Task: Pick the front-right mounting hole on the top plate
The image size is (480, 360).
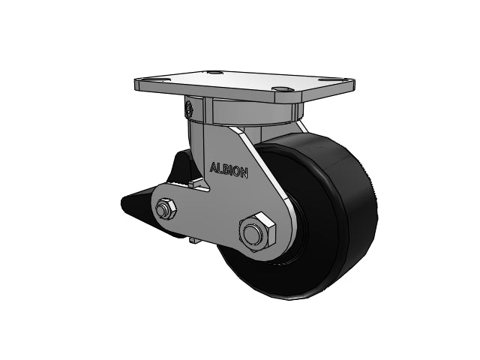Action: [x=281, y=91]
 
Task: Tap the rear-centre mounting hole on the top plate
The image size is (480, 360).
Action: [x=217, y=73]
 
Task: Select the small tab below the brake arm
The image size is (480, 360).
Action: [x=193, y=240]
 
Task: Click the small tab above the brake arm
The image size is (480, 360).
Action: [x=196, y=181]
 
